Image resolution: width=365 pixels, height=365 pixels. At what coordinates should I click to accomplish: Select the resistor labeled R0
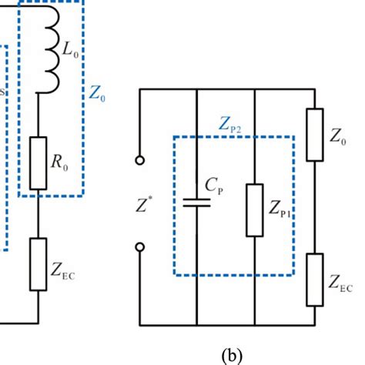click(x=38, y=164)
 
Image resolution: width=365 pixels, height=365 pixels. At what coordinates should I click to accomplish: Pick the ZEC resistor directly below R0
click(x=38, y=264)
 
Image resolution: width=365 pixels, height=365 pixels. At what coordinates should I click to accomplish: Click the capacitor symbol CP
click(x=198, y=204)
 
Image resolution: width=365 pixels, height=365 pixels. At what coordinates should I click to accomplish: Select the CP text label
click(x=216, y=186)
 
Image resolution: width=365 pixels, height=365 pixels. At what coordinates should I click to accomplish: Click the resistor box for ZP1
click(x=256, y=209)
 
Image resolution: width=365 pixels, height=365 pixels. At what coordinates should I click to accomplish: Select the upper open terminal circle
click(x=140, y=161)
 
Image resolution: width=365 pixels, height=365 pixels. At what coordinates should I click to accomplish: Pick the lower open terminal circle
click(x=140, y=248)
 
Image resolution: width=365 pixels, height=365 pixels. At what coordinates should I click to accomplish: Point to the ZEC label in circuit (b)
click(x=340, y=286)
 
